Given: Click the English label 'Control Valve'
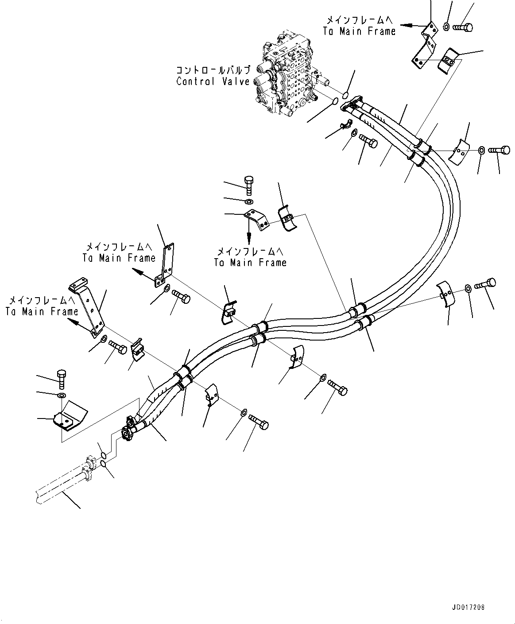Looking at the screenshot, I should (213, 81).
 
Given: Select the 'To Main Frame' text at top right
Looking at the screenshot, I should (359, 31).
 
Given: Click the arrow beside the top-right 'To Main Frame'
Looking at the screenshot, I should (410, 25).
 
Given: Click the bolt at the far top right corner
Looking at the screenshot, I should (463, 27).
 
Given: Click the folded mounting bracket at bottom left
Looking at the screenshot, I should (69, 417).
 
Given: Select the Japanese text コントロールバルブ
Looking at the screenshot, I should (213, 70).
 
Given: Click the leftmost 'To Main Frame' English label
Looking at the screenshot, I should (42, 311).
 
